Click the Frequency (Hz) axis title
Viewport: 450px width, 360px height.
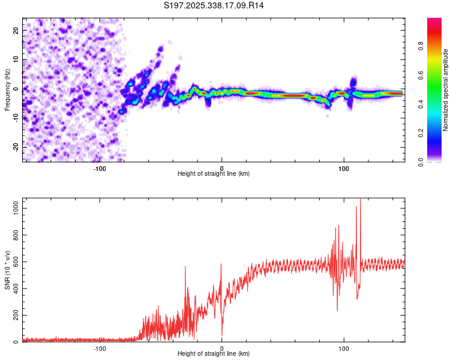[7, 89]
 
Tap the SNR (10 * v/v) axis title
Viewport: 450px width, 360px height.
[7, 269]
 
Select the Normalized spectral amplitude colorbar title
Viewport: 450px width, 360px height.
[446, 90]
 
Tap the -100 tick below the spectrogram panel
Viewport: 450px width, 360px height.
[100, 168]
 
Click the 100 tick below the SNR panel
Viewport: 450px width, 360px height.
[344, 348]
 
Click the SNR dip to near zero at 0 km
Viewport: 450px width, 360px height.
[222, 334]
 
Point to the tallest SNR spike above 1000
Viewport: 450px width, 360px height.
[360, 200]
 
